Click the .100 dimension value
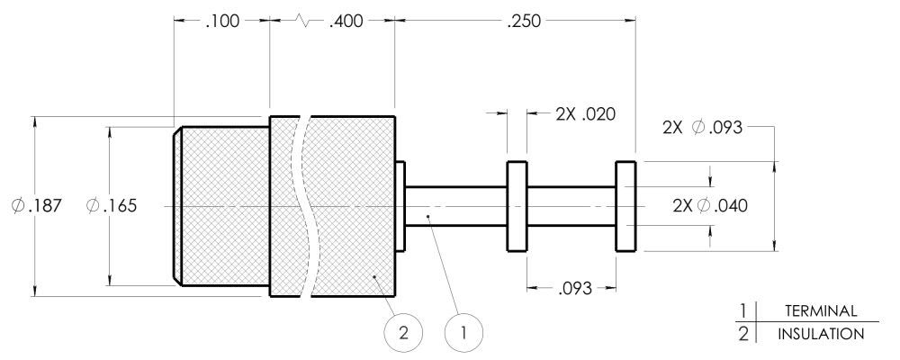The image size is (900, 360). point(221,22)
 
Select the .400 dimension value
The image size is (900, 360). point(346,22)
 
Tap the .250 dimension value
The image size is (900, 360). point(524,22)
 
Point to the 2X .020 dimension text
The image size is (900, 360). point(586,114)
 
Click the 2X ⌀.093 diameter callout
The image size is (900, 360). point(703,128)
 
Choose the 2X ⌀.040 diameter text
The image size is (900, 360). point(711,205)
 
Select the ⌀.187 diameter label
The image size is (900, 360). point(36,205)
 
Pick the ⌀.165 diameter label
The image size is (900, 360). point(112,205)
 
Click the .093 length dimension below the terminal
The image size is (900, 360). point(574,288)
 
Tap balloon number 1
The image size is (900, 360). point(463,332)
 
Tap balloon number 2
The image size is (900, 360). point(403,332)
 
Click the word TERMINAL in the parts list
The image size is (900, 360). point(821,311)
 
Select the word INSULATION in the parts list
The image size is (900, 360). point(821,334)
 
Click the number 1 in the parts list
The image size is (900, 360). point(744,311)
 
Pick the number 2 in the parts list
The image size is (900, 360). point(744,334)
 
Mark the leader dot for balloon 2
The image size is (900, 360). point(374,276)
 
